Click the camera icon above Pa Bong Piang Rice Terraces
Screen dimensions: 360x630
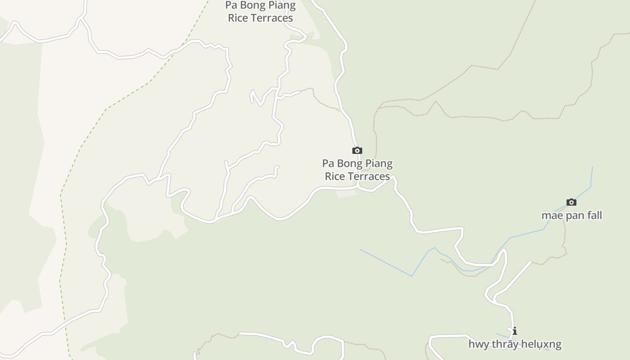tap(357, 150)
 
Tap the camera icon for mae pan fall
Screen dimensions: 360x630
tap(571, 202)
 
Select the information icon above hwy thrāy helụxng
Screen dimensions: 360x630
tap(514, 331)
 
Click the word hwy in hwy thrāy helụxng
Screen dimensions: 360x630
tap(478, 345)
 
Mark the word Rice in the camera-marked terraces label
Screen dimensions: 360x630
tap(334, 176)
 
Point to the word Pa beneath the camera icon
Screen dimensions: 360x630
tap(328, 163)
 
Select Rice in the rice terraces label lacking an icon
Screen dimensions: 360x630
tap(238, 18)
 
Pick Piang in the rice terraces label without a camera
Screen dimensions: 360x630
tap(282, 5)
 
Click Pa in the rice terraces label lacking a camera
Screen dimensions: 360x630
tap(231, 5)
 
